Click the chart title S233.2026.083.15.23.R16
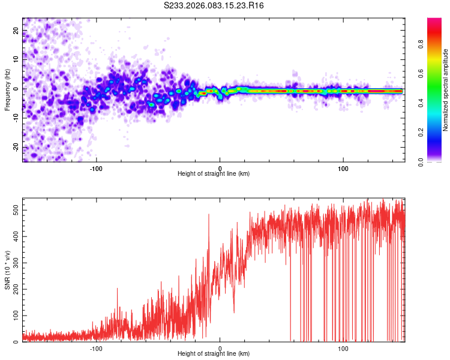pyautogui.click(x=214, y=5)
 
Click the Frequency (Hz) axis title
pyautogui.click(x=7, y=89)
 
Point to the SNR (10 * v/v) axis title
pyautogui.click(x=7, y=269)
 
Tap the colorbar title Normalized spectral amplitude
pyautogui.click(x=446, y=90)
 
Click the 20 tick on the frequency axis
pyautogui.click(x=16, y=30)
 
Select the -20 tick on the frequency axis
pyautogui.click(x=15, y=148)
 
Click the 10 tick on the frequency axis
pyautogui.click(x=16, y=59)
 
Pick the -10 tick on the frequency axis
pyautogui.click(x=15, y=118)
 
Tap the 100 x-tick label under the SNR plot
pyautogui.click(x=343, y=348)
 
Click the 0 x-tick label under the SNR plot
pyautogui.click(x=220, y=348)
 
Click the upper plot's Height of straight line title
pyautogui.click(x=214, y=173)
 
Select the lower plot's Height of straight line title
pyautogui.click(x=214, y=354)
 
